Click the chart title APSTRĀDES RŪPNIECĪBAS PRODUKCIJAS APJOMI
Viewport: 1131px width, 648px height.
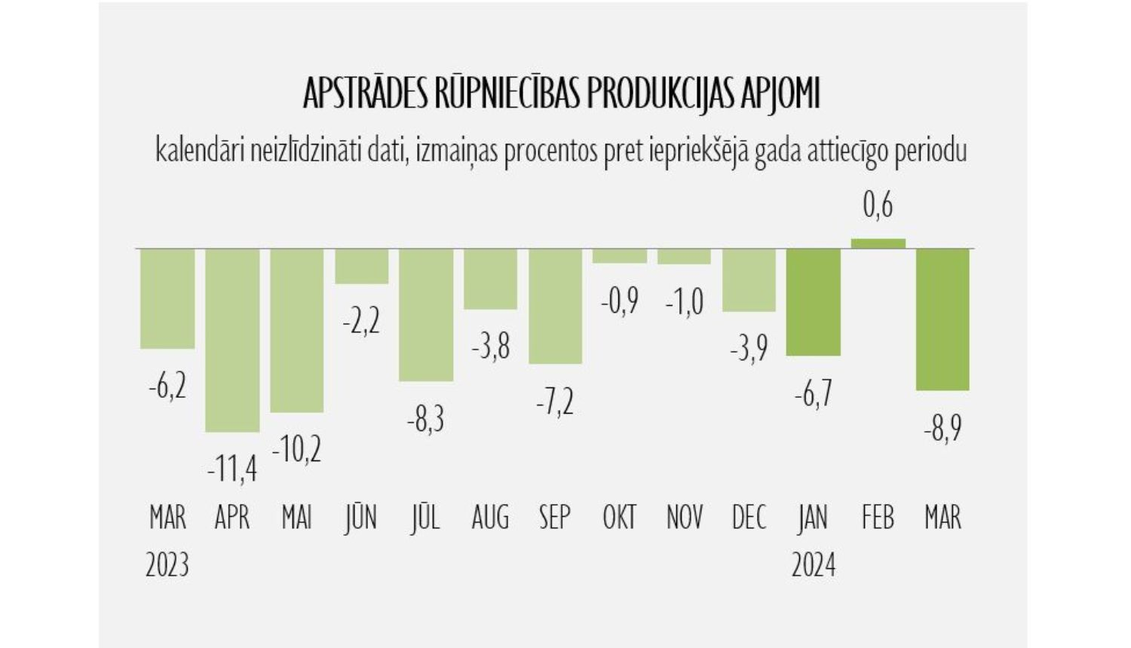pos(561,93)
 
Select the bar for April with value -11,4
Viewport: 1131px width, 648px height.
pos(232,340)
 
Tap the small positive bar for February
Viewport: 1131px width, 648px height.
pos(878,243)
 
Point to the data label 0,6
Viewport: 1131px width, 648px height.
pos(878,205)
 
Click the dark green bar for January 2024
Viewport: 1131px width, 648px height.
pos(813,301)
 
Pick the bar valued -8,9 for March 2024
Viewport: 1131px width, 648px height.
pos(942,319)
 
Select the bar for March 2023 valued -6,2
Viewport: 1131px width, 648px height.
pos(167,298)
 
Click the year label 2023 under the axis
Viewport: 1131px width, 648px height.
pos(167,565)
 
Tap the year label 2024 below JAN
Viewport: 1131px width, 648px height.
pos(813,565)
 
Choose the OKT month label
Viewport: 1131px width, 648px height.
pos(619,518)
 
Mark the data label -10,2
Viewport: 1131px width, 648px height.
pos(296,450)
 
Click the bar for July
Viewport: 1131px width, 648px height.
pos(426,314)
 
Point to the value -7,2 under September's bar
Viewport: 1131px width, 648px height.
pos(555,402)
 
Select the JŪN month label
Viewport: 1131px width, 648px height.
pos(360,518)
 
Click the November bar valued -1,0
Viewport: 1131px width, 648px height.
pos(684,256)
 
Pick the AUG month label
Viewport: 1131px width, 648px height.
pos(490,518)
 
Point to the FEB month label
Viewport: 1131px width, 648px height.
pos(878,518)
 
